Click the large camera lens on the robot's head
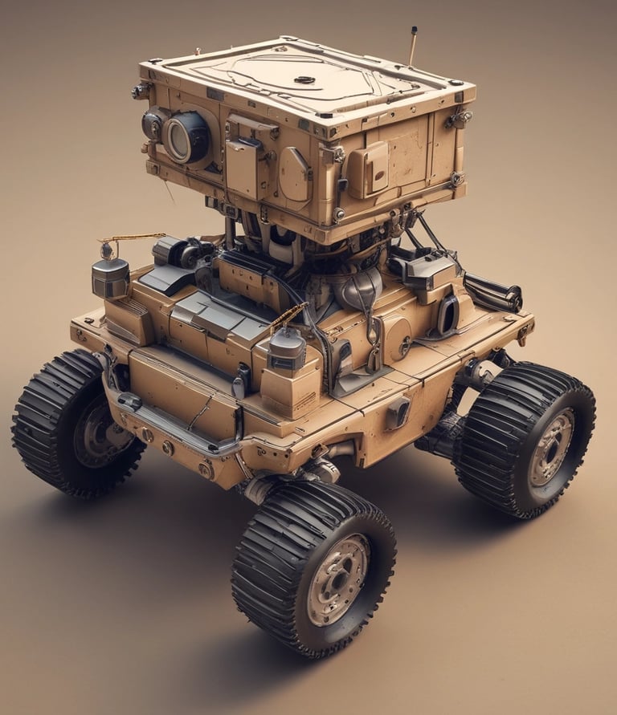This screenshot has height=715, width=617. coord(186,138)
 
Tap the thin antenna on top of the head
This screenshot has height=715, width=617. coord(413,47)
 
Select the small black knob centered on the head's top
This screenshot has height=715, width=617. coord(304,79)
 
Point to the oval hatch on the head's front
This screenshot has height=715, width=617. coord(294,174)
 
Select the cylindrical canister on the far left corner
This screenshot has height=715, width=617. coord(110,277)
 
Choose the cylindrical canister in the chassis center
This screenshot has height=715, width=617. coord(287,351)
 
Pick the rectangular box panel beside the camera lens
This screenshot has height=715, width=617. coord(242,167)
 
